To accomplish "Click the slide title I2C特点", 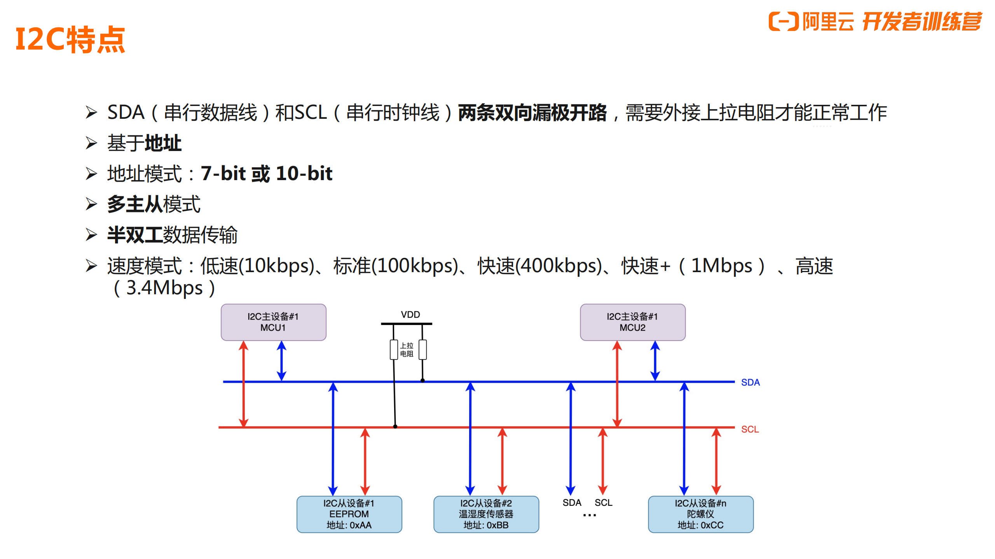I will point(70,40).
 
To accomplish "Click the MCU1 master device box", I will point(273,322).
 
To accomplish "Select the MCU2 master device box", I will point(632,322).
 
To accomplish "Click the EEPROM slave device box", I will point(349,514).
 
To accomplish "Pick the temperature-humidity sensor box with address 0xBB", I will point(486,514).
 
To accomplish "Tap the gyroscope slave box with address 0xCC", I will point(700,514).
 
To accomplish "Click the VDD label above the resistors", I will point(410,314).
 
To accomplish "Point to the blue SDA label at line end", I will point(750,382).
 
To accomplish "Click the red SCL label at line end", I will point(750,429).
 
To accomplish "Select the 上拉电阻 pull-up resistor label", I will point(407,349).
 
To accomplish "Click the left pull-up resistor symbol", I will point(394,349).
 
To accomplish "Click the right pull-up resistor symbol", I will point(422,349).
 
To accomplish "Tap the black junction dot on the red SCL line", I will point(395,426).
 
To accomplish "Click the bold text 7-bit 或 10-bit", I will point(267,173).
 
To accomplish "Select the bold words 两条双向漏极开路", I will point(532,113).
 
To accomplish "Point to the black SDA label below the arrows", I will point(572,503).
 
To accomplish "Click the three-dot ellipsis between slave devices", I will point(589,515).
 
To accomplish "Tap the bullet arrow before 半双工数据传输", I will point(91,235).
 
